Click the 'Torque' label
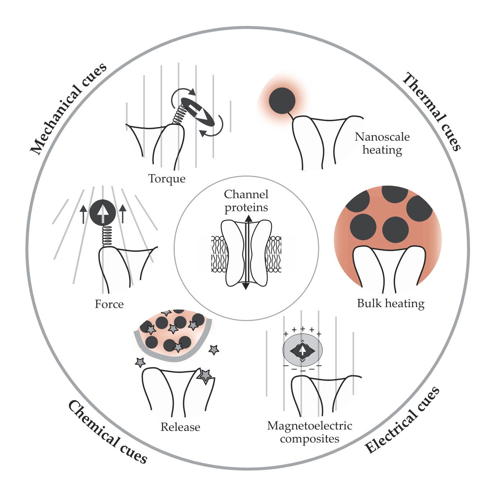(167, 178)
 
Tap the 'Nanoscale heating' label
(382, 143)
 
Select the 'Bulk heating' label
(391, 303)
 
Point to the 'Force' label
(109, 304)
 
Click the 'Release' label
(180, 427)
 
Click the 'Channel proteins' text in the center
(246, 201)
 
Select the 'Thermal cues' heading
(431, 112)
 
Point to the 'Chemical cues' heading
(108, 432)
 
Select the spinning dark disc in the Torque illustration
(197, 112)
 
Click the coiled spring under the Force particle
(106, 236)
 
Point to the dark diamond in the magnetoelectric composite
(302, 351)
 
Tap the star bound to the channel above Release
(205, 376)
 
